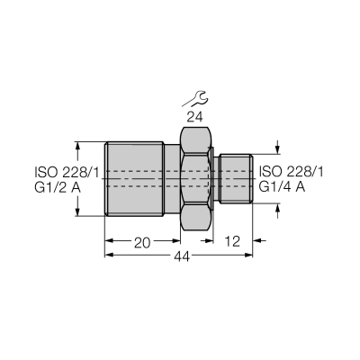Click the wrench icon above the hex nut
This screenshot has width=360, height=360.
[x=194, y=99]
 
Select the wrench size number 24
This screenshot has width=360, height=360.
[x=194, y=117]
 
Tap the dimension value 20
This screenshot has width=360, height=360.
[x=142, y=243]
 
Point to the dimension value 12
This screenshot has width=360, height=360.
[x=232, y=241]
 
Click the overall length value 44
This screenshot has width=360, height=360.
[x=182, y=256]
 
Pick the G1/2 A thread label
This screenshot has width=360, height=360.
[x=58, y=188]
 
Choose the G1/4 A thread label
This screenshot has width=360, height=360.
[x=282, y=187]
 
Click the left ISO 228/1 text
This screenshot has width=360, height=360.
[x=67, y=173]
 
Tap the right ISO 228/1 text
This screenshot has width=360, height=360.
[x=291, y=172]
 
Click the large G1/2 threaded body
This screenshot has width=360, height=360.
[x=134, y=179]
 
